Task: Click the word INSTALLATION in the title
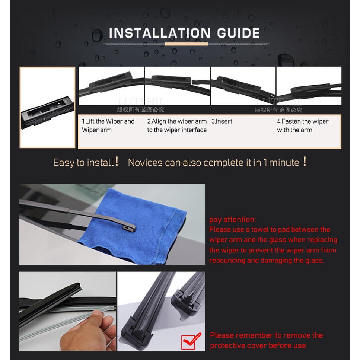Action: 160,33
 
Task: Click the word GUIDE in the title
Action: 239,33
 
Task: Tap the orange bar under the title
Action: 187,44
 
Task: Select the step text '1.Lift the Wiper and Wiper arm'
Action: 108,125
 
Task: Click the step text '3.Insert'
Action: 222,121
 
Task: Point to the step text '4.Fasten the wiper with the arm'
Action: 303,125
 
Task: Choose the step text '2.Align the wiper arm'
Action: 177,121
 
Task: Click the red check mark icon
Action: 191,341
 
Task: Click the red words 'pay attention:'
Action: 232,220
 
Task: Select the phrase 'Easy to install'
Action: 83,163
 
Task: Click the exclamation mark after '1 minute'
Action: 305,161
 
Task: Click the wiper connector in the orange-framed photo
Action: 47,112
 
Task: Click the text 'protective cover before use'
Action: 258,345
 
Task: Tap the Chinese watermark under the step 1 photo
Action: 140,110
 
